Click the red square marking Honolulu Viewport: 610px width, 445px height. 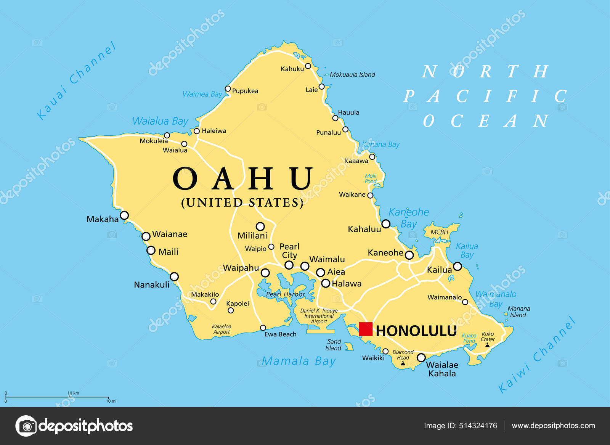coord(366,329)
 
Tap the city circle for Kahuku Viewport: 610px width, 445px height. coord(308,66)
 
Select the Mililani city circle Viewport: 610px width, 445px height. coord(260,227)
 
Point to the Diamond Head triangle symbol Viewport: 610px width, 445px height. coord(403,363)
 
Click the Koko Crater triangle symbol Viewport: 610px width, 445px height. coord(487,345)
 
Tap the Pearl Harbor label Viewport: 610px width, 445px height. coord(286,294)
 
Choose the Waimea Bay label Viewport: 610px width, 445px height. coord(202,94)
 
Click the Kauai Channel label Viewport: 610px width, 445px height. coord(76,81)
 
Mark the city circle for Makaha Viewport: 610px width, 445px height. coord(124,215)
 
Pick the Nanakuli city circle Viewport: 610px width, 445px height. coord(174,276)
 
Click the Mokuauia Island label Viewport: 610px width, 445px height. coord(352,75)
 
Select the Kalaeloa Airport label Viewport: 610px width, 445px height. coord(222,329)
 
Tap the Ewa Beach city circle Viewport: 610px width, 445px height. coord(263,328)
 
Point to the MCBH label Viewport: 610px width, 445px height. coord(439,232)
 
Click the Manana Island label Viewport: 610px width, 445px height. coord(518,312)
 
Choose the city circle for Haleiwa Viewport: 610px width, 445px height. coord(197,131)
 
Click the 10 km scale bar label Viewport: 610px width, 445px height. coord(73,393)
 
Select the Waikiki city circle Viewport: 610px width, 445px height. coord(385,351)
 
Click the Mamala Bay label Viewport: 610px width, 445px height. coord(299,361)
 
